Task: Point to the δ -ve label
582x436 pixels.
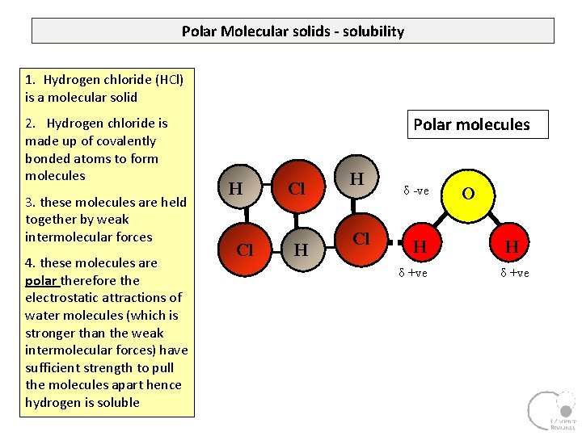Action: tap(416, 191)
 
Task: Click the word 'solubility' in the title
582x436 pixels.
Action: tap(373, 31)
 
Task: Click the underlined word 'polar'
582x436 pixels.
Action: tap(40, 280)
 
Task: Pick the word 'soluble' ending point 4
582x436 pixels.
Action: tap(118, 402)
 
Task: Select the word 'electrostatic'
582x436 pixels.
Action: tap(60, 298)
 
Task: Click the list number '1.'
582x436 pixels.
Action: tap(31, 80)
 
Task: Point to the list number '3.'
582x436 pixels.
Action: tap(31, 202)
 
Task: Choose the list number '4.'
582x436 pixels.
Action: tap(31, 262)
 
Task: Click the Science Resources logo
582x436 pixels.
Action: tap(551, 411)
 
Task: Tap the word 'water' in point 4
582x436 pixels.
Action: tap(43, 315)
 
